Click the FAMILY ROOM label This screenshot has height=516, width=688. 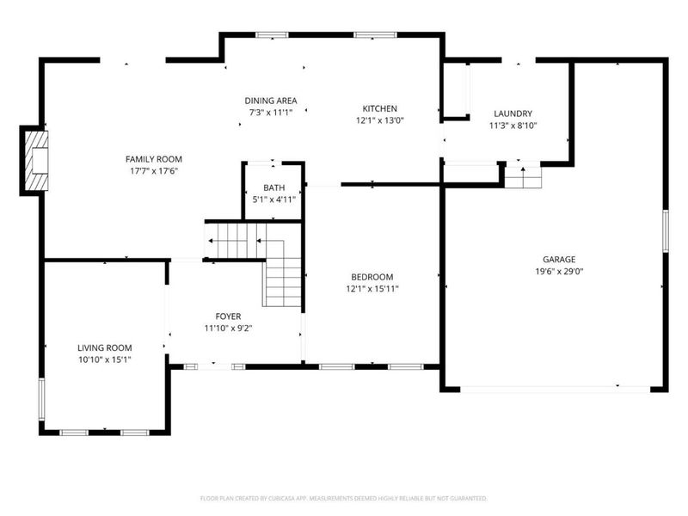(x=154, y=159)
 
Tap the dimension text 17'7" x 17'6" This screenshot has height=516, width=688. (x=154, y=171)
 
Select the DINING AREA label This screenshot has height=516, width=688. (x=271, y=101)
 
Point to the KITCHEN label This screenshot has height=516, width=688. (x=379, y=108)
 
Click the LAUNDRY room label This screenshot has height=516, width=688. (x=513, y=114)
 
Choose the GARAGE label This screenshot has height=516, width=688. (x=559, y=260)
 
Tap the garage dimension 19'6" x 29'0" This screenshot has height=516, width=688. (x=559, y=271)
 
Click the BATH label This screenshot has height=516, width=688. (x=273, y=187)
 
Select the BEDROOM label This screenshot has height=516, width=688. (x=372, y=277)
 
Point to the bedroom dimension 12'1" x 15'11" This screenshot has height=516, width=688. (x=372, y=289)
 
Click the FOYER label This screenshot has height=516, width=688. (x=228, y=316)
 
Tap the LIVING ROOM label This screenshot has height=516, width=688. (x=104, y=348)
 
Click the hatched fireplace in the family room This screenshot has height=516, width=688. (x=36, y=161)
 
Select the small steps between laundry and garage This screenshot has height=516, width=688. (x=523, y=177)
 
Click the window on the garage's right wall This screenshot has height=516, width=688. (x=665, y=230)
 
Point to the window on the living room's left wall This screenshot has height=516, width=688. (x=41, y=399)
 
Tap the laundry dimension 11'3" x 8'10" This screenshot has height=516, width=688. (x=513, y=126)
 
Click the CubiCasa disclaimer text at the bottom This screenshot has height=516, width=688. (x=343, y=499)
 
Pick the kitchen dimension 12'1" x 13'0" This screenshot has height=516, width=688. (x=379, y=120)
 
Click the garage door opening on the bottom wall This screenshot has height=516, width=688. (x=555, y=390)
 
